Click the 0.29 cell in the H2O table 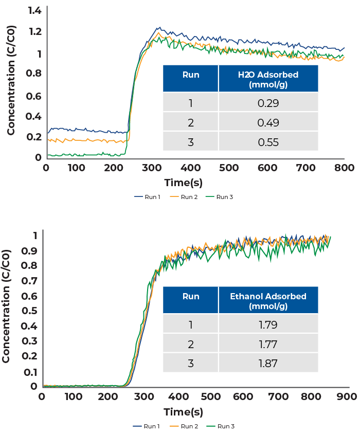(x=268, y=103)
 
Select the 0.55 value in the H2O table (x=268, y=142)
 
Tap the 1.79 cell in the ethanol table (x=268, y=325)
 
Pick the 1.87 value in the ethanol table (x=268, y=364)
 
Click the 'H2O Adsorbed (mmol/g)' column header (x=268, y=79)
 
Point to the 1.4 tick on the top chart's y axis (x=34, y=10)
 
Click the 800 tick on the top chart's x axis (x=343, y=168)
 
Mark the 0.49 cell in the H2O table (x=268, y=123)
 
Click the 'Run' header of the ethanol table (x=191, y=297)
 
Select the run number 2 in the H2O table (x=191, y=123)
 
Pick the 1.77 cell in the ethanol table (x=268, y=344)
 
